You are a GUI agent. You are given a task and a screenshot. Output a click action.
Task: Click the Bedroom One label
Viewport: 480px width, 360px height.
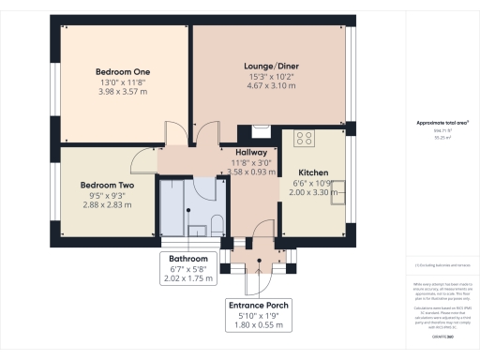click(123, 71)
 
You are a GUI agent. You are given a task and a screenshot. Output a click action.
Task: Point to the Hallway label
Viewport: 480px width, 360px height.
click(250, 152)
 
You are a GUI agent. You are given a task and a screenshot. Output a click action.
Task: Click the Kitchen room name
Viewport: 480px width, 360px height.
click(312, 173)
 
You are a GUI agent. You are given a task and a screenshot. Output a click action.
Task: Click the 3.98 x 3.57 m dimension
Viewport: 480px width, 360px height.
click(123, 92)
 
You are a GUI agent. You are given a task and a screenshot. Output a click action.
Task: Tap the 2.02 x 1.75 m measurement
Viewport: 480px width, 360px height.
click(188, 277)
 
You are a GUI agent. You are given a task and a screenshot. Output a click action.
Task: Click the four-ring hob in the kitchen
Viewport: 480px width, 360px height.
click(304, 139)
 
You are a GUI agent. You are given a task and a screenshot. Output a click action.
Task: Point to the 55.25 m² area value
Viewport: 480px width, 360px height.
click(437, 138)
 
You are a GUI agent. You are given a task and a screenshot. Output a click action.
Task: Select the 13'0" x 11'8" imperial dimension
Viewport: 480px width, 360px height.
click(123, 82)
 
